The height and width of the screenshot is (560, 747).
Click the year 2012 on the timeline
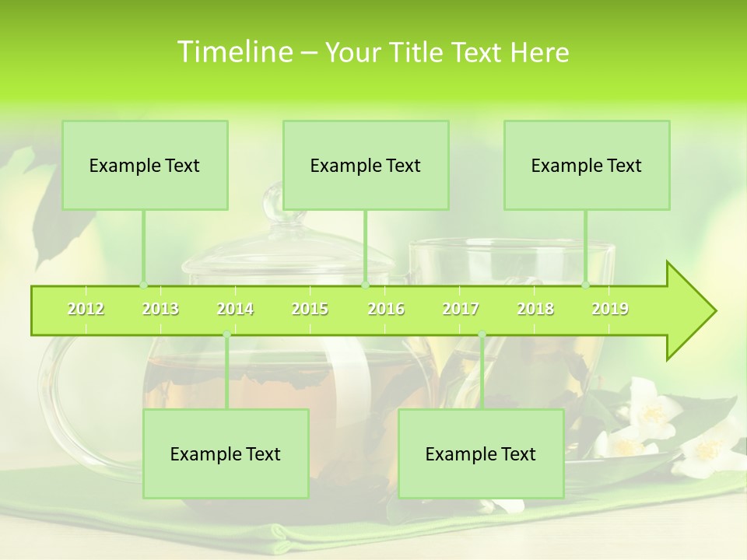pos(86,310)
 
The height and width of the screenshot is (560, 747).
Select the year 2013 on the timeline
pos(160,310)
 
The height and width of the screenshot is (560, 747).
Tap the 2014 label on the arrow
pos(235,310)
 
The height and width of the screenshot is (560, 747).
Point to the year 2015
pos(310,310)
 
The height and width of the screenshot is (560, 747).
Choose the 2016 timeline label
pos(386,310)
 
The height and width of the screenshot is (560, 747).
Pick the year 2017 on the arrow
pos(461,310)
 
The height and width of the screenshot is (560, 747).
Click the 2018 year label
pos(535,310)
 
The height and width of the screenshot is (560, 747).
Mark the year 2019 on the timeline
pos(610,310)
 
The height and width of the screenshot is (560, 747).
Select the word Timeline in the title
pos(233,52)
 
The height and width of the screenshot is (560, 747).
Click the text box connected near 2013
pos(145,165)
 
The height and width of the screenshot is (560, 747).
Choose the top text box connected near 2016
pos(366,165)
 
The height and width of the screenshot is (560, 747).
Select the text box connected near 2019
pos(587,165)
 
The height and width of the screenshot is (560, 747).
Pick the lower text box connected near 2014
pos(226,453)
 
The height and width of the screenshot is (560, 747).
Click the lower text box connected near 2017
pos(481,453)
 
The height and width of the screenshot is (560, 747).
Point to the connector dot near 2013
pos(143,285)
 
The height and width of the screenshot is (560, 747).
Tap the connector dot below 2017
pos(482,334)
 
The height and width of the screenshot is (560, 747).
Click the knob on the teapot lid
pos(274,202)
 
